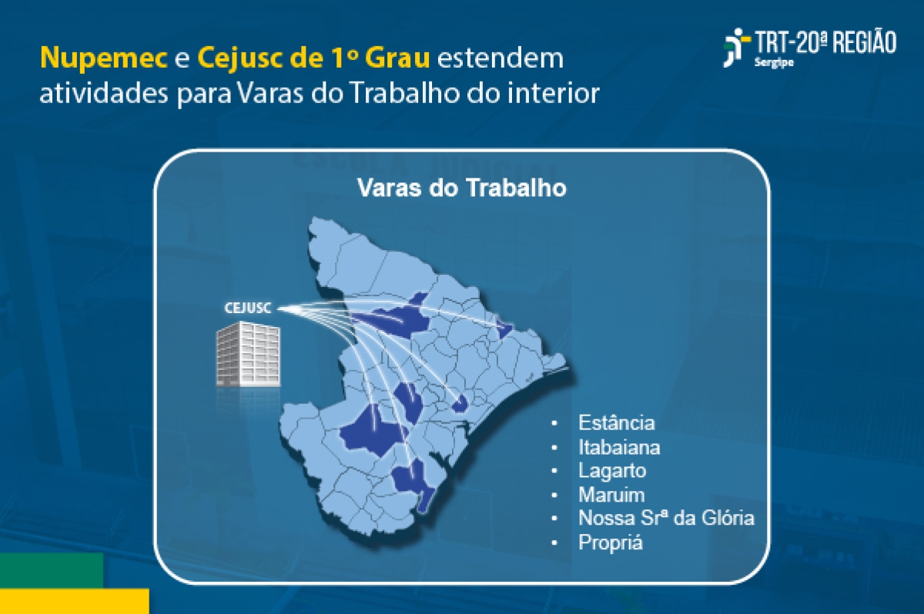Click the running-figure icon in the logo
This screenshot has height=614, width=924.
coord(736,47)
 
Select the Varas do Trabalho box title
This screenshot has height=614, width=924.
coord(461,189)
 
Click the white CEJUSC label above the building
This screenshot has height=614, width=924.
coord(247,309)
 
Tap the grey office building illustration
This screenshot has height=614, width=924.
coord(247,355)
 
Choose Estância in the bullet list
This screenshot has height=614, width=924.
coord(616,422)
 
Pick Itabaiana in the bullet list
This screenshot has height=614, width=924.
coord(619,446)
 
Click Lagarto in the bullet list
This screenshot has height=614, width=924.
coord(612,470)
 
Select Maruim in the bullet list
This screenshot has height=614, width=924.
coord(611,494)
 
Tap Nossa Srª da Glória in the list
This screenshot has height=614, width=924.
coord(666,518)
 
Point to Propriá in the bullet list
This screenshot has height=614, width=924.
coord(610,542)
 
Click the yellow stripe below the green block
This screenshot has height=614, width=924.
coord(74,601)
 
